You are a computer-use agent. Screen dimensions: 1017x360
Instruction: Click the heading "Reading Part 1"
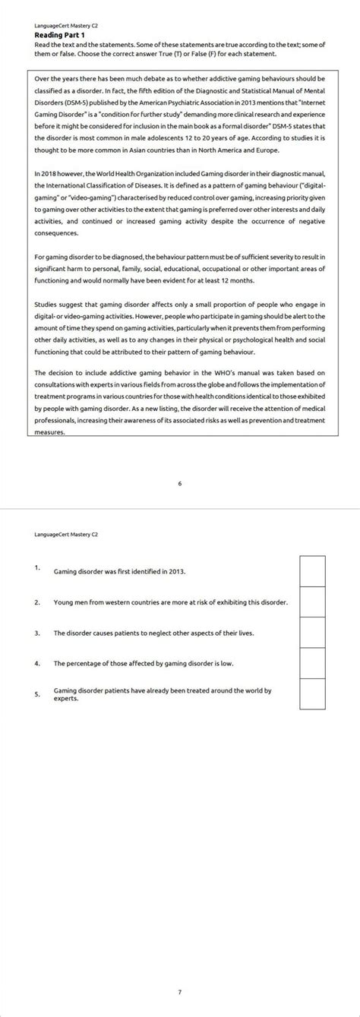click(60, 35)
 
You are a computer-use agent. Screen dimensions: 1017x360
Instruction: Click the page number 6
click(179, 483)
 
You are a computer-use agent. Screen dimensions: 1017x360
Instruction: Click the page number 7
click(179, 991)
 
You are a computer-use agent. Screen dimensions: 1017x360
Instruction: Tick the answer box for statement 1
click(312, 570)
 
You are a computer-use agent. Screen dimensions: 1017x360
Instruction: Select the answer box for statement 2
click(312, 602)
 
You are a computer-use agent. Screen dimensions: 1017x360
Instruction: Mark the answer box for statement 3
click(312, 632)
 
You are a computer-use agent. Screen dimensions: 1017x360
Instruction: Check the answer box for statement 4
click(312, 663)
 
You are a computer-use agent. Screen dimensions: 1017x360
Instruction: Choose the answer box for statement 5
click(312, 693)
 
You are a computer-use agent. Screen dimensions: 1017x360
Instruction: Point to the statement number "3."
click(36, 632)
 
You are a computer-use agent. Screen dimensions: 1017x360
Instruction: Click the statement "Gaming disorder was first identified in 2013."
click(119, 570)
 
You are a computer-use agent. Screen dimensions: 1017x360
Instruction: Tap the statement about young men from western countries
click(170, 602)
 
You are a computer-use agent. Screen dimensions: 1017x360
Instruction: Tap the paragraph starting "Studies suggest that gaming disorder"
click(180, 328)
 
